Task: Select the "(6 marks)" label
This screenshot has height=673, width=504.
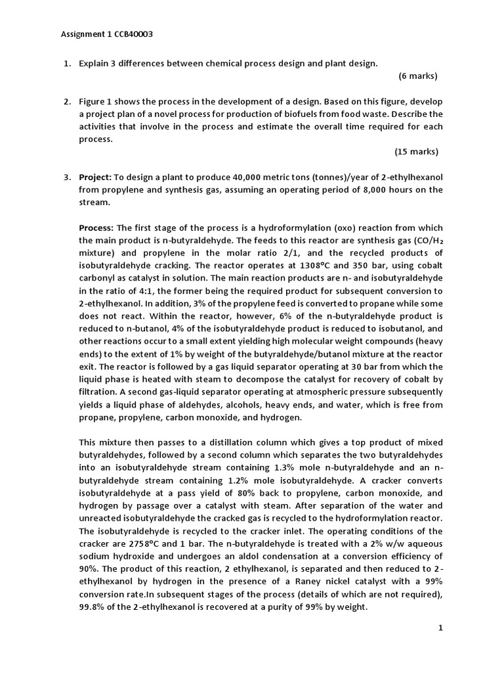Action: click(x=417, y=76)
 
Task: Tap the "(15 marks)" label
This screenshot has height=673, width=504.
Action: click(x=416, y=152)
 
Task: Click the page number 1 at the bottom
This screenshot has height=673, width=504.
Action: click(x=441, y=647)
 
